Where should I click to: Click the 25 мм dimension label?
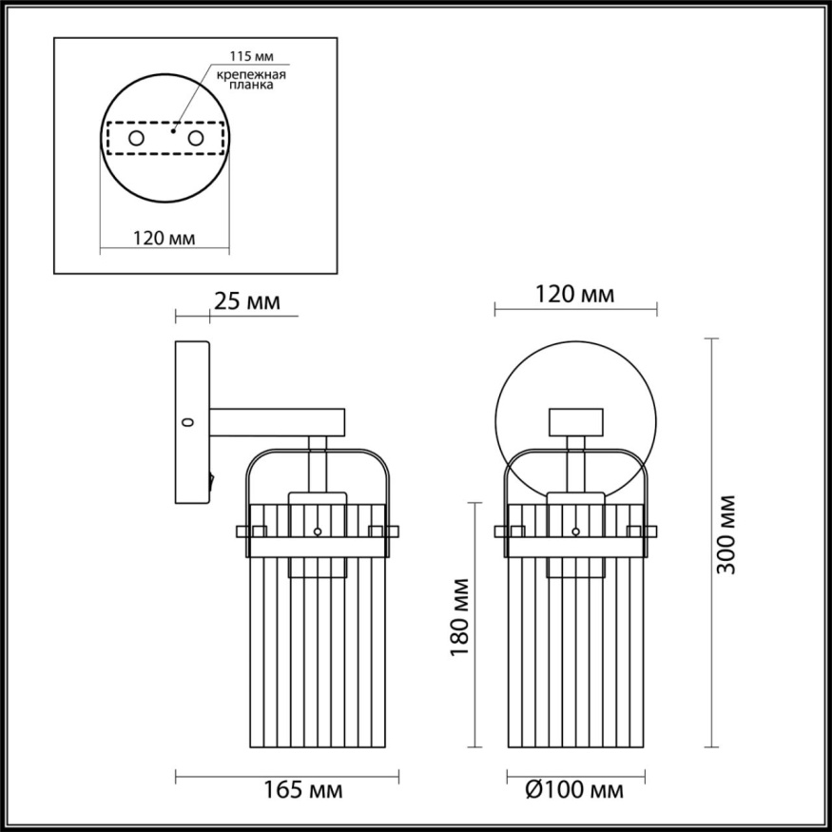(x=245, y=302)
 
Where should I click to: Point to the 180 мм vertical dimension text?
(x=461, y=618)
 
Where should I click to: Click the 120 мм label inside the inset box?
(x=163, y=239)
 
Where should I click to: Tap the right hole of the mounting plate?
(x=196, y=139)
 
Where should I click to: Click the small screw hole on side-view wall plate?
(x=187, y=421)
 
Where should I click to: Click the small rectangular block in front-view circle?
(x=576, y=420)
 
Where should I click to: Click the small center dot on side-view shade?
(x=319, y=532)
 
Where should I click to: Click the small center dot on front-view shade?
(x=576, y=532)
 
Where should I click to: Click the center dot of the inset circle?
(x=172, y=130)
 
